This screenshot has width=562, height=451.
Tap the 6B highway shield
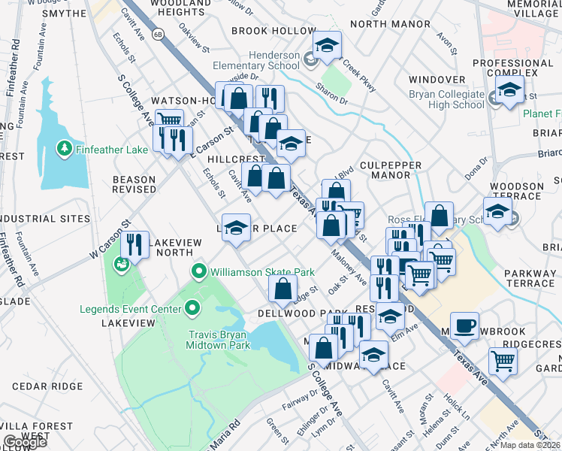tap(158, 34)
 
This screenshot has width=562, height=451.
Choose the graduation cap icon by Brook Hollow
tap(327, 46)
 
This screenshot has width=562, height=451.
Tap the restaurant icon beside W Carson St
tap(134, 244)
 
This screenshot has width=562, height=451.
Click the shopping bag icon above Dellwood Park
tap(283, 288)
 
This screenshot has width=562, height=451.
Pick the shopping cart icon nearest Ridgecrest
tap(503, 361)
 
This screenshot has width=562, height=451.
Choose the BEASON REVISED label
tap(134, 185)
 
